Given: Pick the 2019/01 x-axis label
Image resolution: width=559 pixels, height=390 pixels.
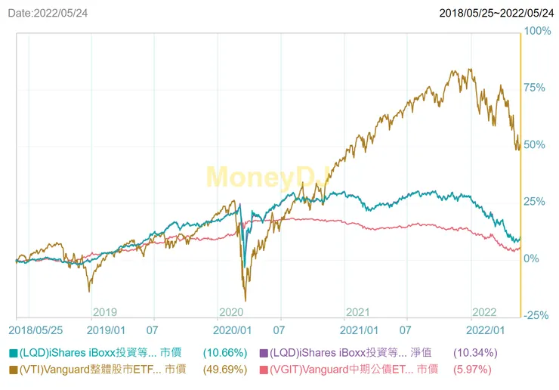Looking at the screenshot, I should [106, 330].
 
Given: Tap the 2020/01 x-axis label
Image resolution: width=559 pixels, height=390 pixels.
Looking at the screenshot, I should [232, 330].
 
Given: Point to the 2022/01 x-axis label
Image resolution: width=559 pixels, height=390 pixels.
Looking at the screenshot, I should [486, 330].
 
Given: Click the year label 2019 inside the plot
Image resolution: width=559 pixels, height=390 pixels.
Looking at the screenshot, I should [104, 312].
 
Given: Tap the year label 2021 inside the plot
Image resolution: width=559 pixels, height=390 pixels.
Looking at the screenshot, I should [357, 312].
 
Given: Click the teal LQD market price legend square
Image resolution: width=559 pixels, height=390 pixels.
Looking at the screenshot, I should [13, 353].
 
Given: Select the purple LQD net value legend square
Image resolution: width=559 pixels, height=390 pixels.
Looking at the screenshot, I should [264, 353].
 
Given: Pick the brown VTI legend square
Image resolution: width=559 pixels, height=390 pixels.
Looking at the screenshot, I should [13, 370].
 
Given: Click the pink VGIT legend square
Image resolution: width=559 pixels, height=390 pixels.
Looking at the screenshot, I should [264, 370].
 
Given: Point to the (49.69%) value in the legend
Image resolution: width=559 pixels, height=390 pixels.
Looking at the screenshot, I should [224, 370].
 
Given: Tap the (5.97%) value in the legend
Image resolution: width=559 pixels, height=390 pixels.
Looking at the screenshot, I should [472, 370].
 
